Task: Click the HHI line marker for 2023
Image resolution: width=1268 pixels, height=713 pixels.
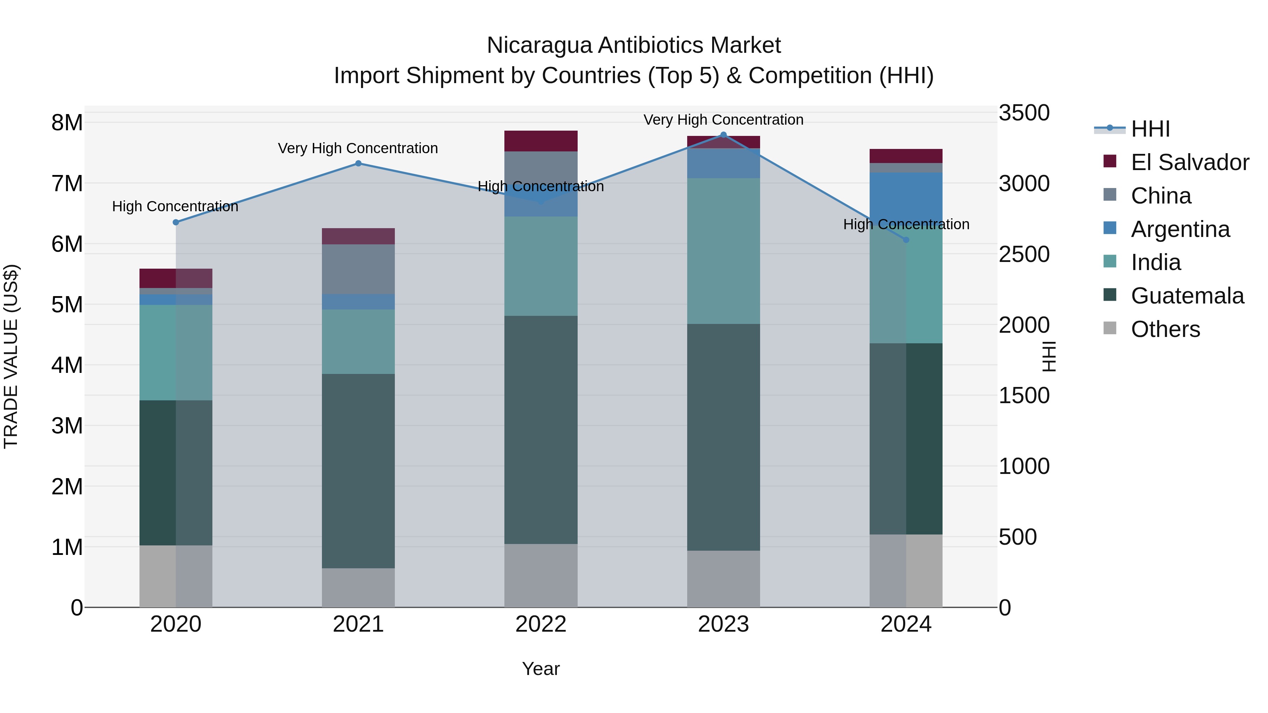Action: [723, 135]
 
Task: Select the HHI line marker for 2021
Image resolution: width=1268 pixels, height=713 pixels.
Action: [358, 163]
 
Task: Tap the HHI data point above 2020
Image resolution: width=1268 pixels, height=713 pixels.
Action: [176, 223]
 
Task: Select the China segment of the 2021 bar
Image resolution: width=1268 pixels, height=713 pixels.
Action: [358, 269]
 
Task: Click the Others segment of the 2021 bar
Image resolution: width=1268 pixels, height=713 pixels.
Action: [358, 588]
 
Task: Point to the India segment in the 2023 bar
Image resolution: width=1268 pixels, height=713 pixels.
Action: [723, 251]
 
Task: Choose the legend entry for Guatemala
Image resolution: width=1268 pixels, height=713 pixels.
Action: [1187, 296]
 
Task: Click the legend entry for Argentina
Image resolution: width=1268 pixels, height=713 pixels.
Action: [1180, 229]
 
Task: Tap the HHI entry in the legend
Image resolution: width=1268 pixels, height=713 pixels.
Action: [1150, 129]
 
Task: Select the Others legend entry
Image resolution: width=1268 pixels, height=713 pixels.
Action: [1165, 329]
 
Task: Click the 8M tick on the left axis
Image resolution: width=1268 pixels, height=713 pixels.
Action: [67, 123]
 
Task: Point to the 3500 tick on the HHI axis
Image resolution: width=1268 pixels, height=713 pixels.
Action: [1024, 113]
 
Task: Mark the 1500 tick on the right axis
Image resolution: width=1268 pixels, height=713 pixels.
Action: [1024, 396]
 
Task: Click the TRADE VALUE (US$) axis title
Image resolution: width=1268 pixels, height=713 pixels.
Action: [11, 357]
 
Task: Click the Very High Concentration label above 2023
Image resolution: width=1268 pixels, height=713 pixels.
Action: [723, 120]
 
